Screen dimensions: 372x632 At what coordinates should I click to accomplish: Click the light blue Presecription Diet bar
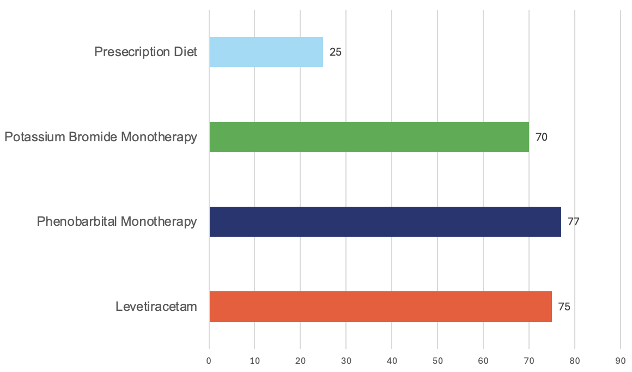pos(266,52)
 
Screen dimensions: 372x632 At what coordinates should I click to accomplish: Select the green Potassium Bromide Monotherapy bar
pos(369,137)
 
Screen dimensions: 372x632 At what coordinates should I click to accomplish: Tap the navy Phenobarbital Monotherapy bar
pos(385,221)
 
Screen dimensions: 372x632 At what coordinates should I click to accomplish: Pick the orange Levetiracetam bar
pos(380,307)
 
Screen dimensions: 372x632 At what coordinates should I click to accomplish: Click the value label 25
pos(336,52)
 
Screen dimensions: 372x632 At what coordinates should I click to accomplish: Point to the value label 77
pos(573,222)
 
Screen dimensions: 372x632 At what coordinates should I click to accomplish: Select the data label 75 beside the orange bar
pos(564,307)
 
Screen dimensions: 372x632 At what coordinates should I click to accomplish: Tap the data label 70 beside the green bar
pos(542,137)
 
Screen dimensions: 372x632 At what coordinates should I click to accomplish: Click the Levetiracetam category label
pos(156,307)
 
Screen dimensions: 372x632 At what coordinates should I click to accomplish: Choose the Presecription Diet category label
pos(145,52)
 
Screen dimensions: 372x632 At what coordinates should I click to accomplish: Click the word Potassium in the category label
pos(35,137)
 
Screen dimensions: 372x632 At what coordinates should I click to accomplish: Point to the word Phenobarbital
pos(77,221)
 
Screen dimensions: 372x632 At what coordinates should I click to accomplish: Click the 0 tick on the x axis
pos(209,361)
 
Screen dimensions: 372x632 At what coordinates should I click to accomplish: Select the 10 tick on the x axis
pos(254,361)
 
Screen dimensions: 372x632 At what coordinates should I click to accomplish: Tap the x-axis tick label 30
pos(346,361)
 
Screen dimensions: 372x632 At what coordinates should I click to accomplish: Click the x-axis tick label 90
pos(621,361)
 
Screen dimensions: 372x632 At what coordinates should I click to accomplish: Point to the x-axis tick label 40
pos(392,361)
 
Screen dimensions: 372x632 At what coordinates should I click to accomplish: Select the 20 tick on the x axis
pos(300,361)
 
